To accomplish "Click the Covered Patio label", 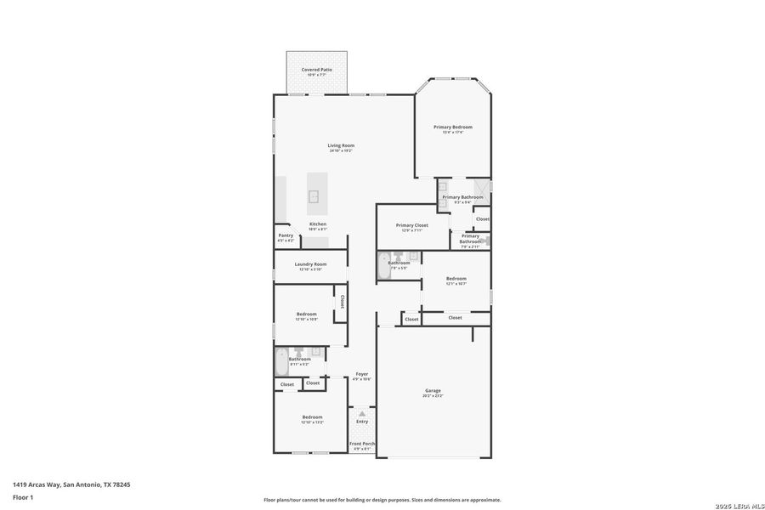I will pyautogui.click(x=317, y=70).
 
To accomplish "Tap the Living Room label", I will pyautogui.click(x=341, y=146).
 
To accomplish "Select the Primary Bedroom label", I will pyautogui.click(x=452, y=127).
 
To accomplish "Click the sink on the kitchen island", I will pyautogui.click(x=314, y=196).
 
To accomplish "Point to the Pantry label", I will pyautogui.click(x=286, y=235).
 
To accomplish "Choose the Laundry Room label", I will pyautogui.click(x=310, y=264).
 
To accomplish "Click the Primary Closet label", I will pyautogui.click(x=412, y=225).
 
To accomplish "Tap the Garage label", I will pyautogui.click(x=433, y=391).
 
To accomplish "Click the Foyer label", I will pyautogui.click(x=362, y=374).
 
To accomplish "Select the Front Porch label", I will pyautogui.click(x=362, y=444).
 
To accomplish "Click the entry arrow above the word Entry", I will pyautogui.click(x=362, y=413).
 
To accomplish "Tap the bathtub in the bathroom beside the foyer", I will pyautogui.click(x=281, y=363).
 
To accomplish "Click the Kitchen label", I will pyautogui.click(x=318, y=224).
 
